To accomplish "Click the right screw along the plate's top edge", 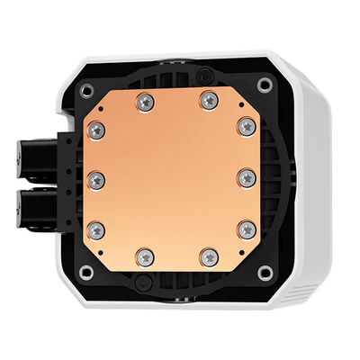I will [209, 96].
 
